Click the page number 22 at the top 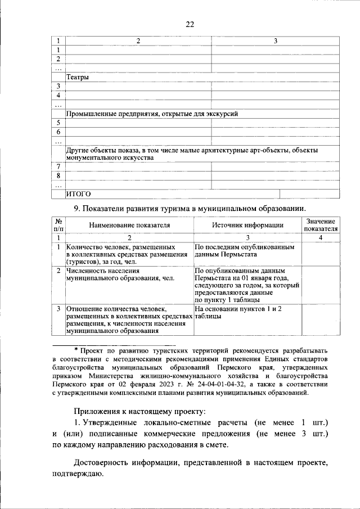coord(190,24)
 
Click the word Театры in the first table coord(77,77)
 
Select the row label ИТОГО coord(79,194)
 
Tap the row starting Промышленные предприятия coord(152,114)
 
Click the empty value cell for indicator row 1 coord(321,254)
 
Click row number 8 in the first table coord(58,175)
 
